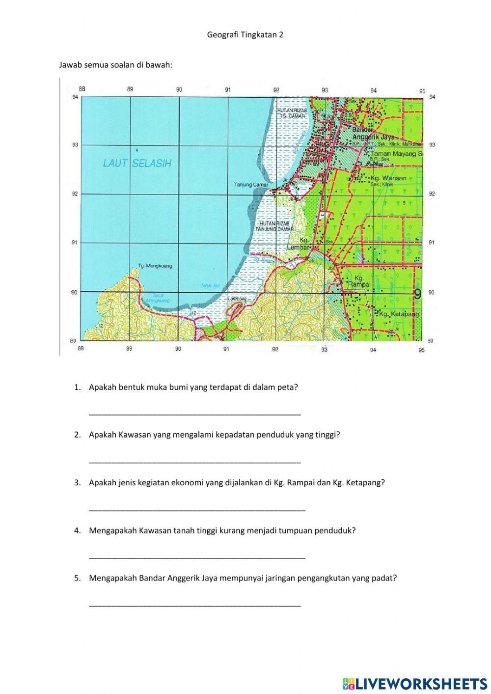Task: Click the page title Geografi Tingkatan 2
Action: click(x=245, y=35)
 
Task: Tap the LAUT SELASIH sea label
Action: click(x=137, y=164)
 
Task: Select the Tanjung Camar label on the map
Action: click(x=251, y=185)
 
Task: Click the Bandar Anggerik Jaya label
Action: click(x=373, y=134)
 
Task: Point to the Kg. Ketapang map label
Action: click(x=399, y=313)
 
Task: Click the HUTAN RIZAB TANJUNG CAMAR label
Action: click(x=274, y=226)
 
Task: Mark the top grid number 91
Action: click(x=228, y=90)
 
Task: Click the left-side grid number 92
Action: click(x=75, y=194)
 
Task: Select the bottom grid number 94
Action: click(x=373, y=350)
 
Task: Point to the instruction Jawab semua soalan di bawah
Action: click(x=116, y=64)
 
